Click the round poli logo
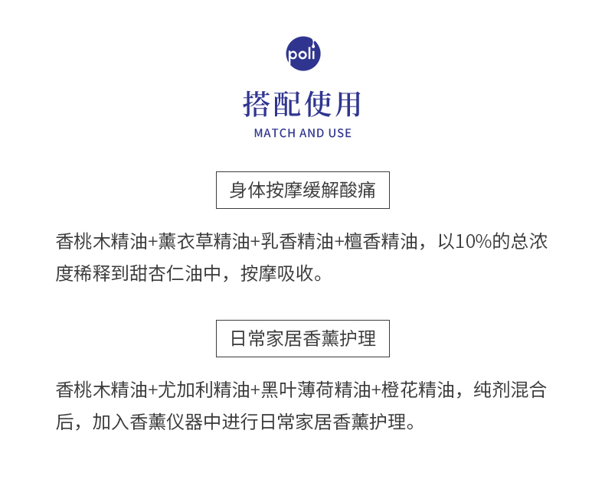[302, 54]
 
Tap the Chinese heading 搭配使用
[302, 103]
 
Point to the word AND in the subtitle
[312, 133]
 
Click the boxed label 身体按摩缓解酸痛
[302, 191]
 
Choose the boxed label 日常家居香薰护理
[302, 339]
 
